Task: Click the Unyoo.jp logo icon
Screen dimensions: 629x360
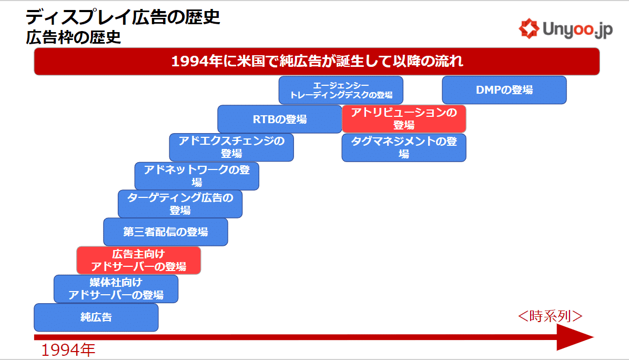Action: (x=529, y=28)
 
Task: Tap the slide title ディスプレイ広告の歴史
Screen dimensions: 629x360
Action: (x=123, y=17)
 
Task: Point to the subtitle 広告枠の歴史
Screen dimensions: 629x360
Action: (x=74, y=37)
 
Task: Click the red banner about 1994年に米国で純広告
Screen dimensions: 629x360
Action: (x=317, y=62)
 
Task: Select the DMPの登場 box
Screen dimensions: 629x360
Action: (x=504, y=90)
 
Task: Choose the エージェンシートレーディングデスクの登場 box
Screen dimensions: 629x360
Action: (x=341, y=90)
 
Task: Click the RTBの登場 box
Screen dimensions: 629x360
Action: (x=280, y=119)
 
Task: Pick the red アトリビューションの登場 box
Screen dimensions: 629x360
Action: (x=404, y=119)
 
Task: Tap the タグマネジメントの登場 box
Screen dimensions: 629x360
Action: (x=404, y=148)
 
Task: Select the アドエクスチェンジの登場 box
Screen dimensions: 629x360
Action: (x=231, y=147)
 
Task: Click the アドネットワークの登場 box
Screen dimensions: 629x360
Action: (x=197, y=176)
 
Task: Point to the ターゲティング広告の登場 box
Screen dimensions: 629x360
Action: (x=180, y=204)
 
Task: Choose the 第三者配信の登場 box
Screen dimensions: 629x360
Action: (x=166, y=232)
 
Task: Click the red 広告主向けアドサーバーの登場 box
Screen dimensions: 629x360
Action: (x=139, y=261)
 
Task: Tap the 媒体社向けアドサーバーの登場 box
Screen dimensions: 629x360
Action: (x=116, y=289)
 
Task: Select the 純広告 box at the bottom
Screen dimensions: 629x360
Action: (x=96, y=317)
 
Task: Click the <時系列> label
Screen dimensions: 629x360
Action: (x=550, y=316)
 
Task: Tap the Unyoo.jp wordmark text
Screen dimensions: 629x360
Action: (x=577, y=29)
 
